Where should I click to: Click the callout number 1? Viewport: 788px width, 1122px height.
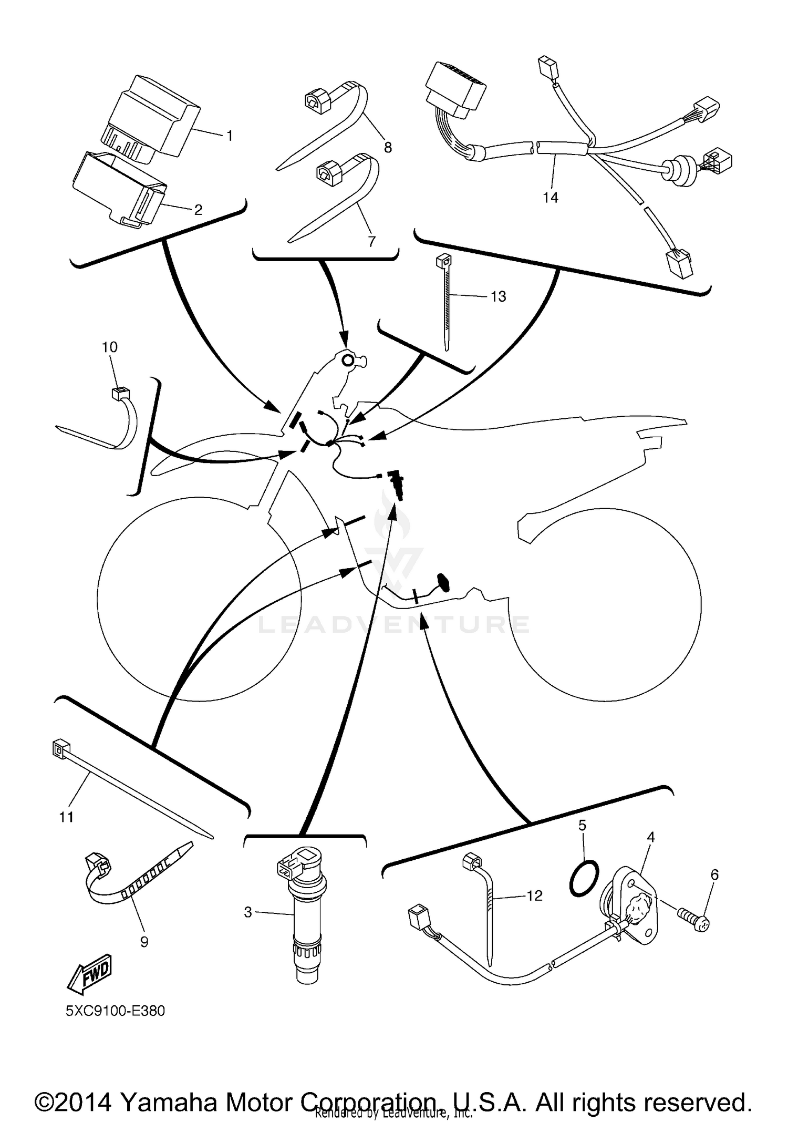(229, 136)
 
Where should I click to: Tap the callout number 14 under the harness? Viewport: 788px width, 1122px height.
(550, 198)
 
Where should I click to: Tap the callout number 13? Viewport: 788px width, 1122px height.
(498, 296)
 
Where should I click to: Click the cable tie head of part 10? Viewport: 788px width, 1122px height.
(120, 393)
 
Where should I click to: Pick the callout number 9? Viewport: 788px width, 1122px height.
(144, 942)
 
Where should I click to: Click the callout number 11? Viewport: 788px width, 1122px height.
(66, 817)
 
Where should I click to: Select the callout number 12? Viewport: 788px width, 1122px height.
(534, 895)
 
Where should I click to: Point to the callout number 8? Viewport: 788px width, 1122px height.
(388, 148)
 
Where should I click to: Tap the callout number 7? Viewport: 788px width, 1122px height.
(371, 241)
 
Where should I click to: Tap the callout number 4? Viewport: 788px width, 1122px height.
(650, 837)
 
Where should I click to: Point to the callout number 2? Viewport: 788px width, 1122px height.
(198, 210)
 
